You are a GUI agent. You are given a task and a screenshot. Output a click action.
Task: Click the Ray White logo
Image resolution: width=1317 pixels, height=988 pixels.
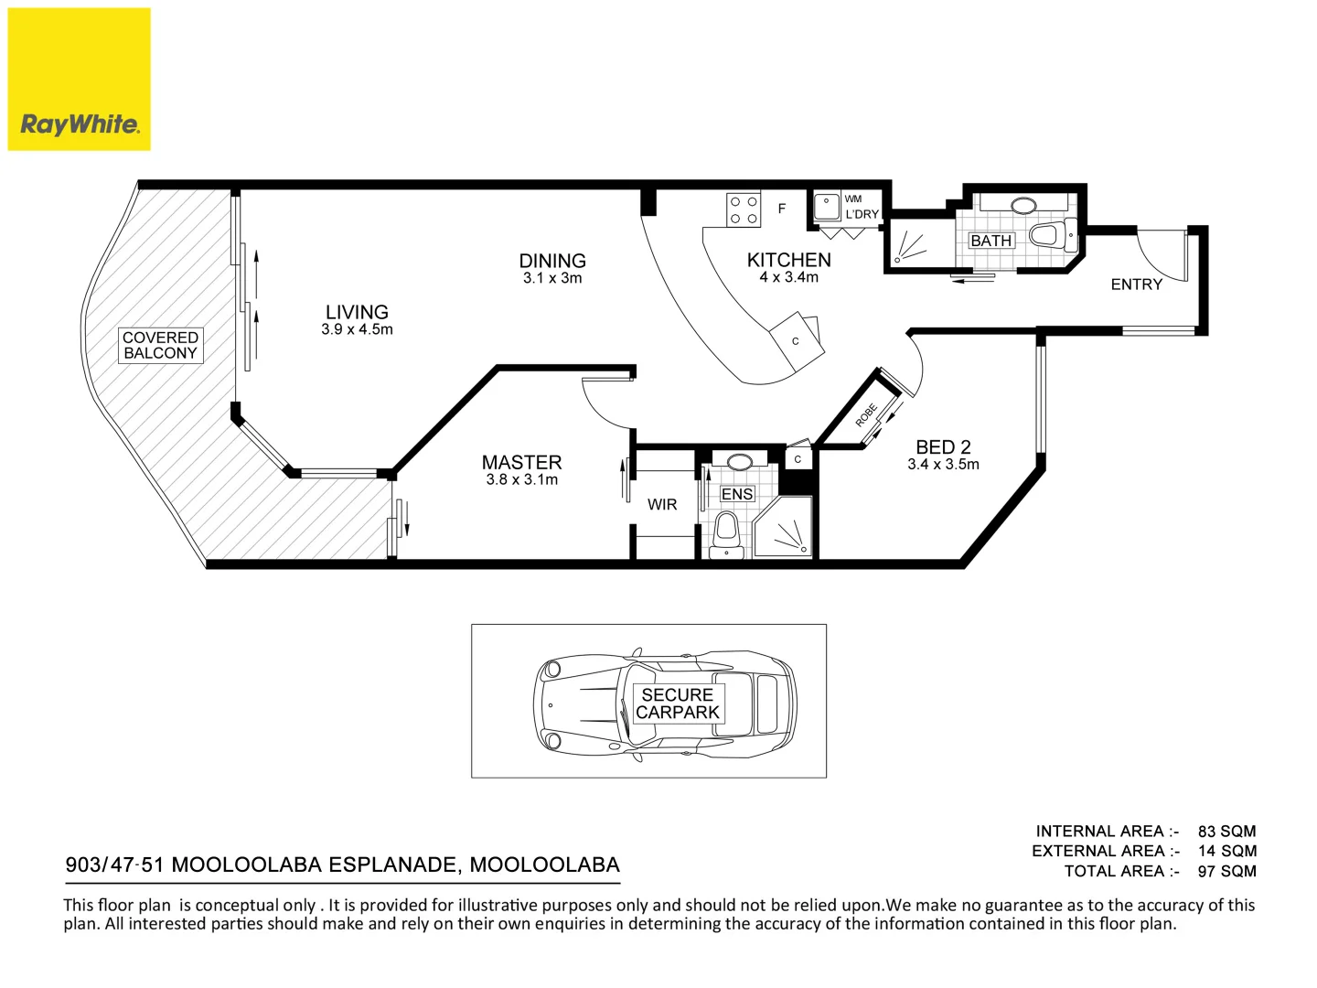click(x=79, y=80)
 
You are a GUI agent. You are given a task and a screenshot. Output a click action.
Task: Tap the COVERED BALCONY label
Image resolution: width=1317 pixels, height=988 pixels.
click(x=160, y=345)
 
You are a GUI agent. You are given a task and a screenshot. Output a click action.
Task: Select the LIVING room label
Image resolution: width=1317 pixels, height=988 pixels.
click(x=357, y=312)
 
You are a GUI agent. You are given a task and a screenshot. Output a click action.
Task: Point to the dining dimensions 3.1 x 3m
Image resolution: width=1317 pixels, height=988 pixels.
click(x=552, y=278)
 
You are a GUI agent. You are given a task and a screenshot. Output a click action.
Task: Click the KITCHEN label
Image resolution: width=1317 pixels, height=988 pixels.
click(x=789, y=260)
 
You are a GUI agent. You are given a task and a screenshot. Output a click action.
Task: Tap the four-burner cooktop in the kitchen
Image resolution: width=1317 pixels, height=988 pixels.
click(x=744, y=210)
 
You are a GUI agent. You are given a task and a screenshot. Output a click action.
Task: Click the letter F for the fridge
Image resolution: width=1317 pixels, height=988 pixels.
click(x=782, y=209)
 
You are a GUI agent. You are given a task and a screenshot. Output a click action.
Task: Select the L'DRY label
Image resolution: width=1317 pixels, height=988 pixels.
click(x=862, y=214)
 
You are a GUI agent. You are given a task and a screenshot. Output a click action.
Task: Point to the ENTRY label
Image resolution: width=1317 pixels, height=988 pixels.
click(x=1137, y=285)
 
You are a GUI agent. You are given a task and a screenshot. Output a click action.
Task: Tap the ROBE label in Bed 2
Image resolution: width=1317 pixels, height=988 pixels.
click(x=866, y=415)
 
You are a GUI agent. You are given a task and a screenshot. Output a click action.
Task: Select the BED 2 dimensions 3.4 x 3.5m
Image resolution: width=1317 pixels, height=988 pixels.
click(x=943, y=465)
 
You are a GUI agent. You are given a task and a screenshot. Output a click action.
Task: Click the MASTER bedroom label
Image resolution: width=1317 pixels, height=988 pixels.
click(x=521, y=462)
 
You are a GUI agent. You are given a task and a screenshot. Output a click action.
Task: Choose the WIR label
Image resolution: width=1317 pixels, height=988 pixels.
click(x=662, y=504)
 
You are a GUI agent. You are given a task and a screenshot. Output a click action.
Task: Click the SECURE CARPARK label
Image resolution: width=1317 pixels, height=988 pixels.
click(x=678, y=703)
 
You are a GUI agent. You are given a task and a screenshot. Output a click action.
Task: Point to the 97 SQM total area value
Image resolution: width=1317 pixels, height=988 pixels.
click(x=1226, y=870)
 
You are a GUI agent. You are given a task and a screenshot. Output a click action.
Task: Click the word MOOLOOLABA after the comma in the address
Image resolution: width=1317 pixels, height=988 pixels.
click(x=544, y=864)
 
